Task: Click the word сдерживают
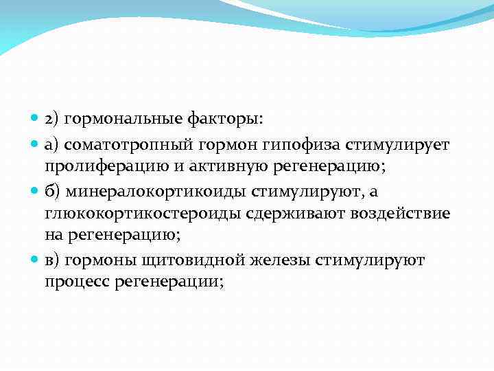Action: [x=289, y=214]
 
